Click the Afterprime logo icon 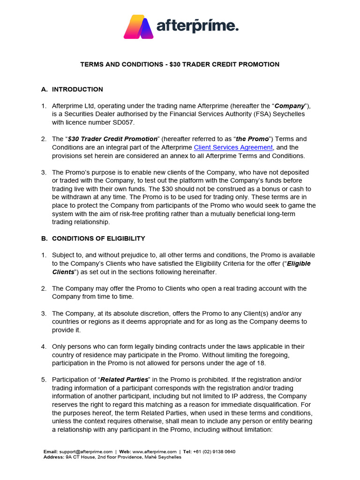139,27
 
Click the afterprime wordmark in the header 197,26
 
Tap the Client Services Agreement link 233,147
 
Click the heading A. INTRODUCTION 72,89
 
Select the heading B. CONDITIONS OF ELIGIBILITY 93,238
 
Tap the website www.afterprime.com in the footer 154,451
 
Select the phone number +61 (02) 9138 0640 214,451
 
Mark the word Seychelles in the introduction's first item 288,114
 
